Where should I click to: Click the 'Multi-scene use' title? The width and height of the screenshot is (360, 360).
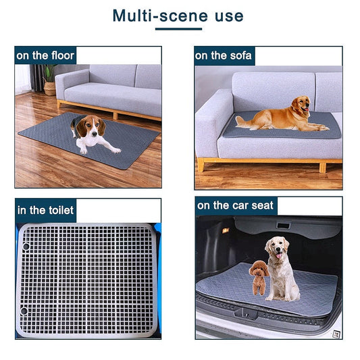pos(178,15)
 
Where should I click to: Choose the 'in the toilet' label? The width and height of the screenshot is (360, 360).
pos(45,210)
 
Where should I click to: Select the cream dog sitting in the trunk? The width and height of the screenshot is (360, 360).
pos(280,267)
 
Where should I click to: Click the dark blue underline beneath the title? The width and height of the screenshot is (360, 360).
pos(178,29)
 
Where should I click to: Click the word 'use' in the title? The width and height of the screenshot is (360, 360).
pos(227,15)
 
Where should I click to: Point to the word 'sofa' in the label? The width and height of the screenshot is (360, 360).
pos(240,55)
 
